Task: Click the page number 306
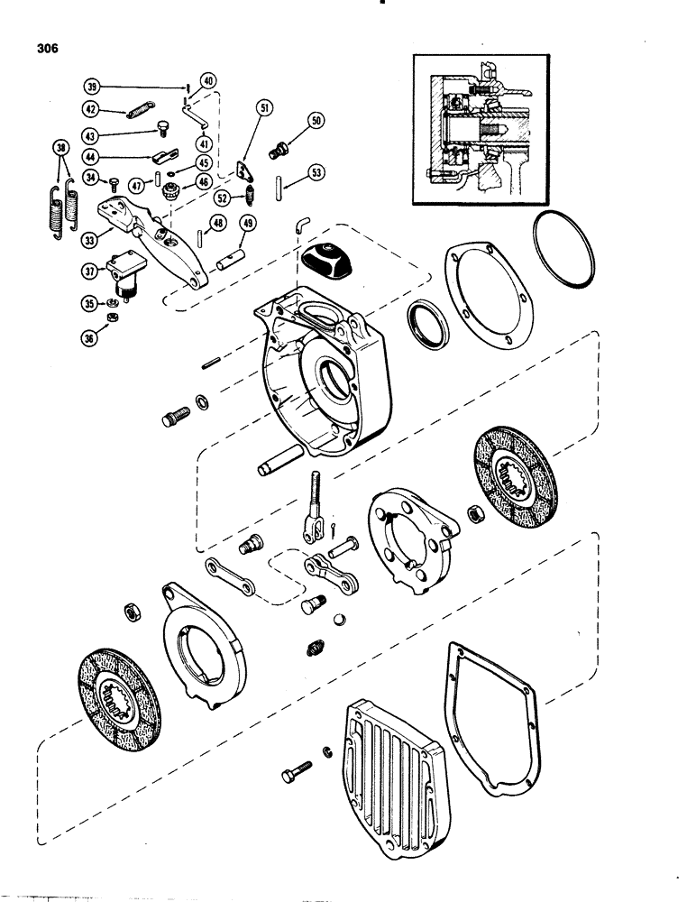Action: [x=42, y=50]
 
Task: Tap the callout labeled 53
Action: [x=316, y=171]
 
